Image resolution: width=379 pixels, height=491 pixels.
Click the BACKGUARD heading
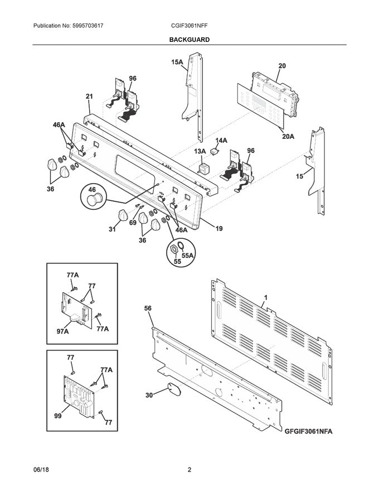point(189,40)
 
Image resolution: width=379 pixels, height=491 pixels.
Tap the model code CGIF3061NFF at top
point(189,26)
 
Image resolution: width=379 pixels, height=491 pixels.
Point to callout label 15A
point(176,62)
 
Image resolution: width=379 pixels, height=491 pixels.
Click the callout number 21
point(89,97)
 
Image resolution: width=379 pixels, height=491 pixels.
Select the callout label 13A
point(200,151)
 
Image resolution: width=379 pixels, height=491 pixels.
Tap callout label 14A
point(221,140)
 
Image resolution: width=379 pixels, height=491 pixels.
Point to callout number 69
point(133,223)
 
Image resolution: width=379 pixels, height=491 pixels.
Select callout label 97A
point(62,331)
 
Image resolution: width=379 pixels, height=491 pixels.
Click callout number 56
point(148,307)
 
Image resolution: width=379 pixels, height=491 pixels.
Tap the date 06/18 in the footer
point(41,470)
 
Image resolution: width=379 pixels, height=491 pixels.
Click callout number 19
point(219,228)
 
